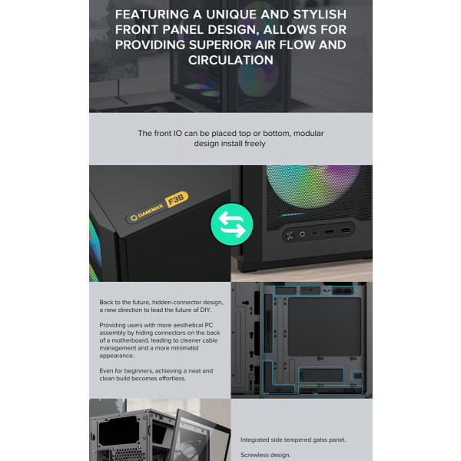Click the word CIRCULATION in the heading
coord(230,60)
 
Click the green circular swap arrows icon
coord(232,224)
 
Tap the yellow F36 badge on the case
coord(177,200)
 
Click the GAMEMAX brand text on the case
coord(151,211)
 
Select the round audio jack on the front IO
coord(302,234)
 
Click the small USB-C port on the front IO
coord(314,234)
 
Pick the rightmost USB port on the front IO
coord(345,230)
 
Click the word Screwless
coord(254,455)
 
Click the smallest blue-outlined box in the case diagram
coord(357,375)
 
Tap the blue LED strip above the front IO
coord(292,214)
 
